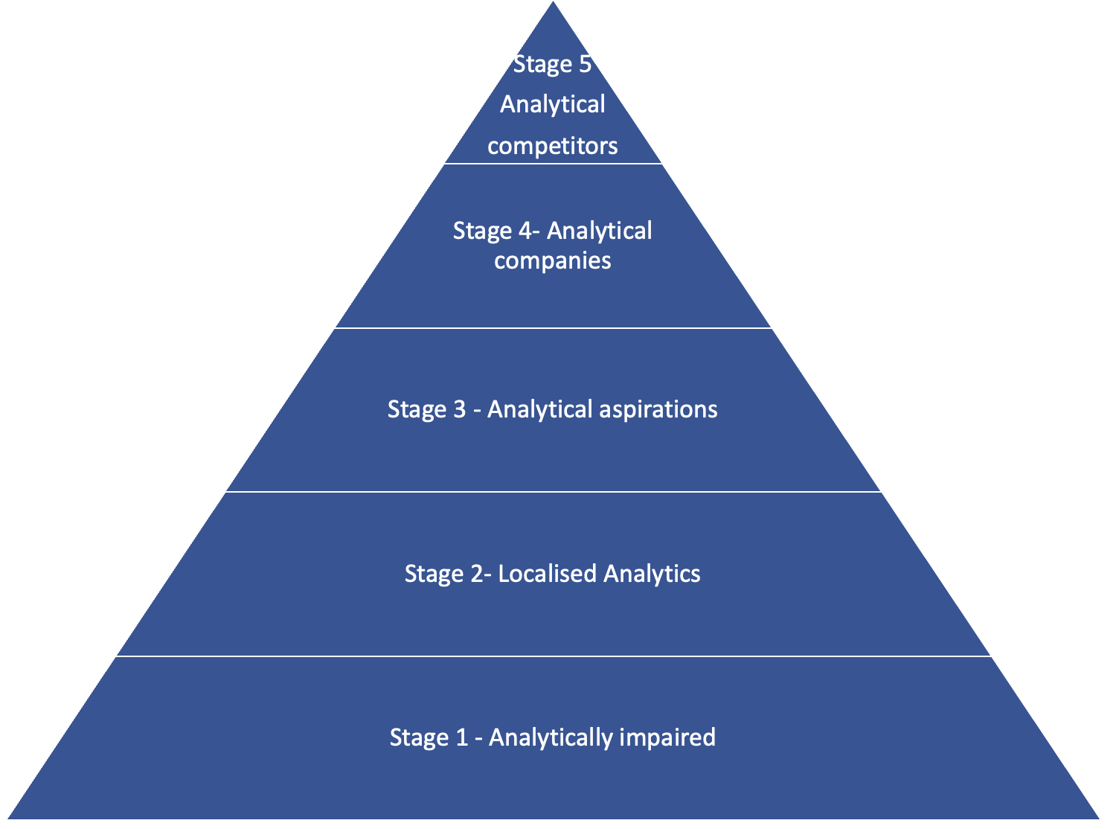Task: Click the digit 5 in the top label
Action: [584, 65]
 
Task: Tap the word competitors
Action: [553, 145]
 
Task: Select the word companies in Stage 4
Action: [553, 260]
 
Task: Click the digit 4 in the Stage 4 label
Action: [525, 231]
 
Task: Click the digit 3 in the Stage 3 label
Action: [458, 409]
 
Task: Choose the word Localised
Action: [548, 574]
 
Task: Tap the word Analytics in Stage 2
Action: [652, 574]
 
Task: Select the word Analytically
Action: [551, 737]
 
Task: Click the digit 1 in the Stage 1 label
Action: [461, 737]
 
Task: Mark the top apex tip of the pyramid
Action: [554, 4]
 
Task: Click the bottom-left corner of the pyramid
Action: [9, 817]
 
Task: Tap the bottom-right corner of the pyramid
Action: [1098, 817]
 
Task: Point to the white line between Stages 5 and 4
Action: [553, 164]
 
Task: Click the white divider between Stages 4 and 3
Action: [553, 328]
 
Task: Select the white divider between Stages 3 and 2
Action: [553, 492]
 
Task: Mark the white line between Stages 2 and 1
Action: [553, 656]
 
